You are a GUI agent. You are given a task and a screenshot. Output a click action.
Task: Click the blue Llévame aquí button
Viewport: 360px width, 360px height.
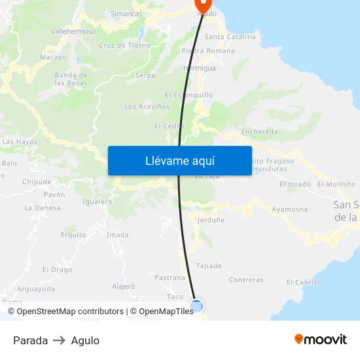pos(179,160)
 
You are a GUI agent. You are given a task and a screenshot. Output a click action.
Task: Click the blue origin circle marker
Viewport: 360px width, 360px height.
pos(196,305)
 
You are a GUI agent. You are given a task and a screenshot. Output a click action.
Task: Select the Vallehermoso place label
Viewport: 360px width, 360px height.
pos(73,31)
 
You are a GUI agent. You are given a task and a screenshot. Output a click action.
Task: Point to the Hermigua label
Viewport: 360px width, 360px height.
pos(200,67)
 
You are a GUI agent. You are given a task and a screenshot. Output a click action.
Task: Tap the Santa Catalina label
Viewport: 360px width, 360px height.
pos(230,37)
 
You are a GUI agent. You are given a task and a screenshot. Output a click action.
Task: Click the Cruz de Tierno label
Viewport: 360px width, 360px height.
pos(124,46)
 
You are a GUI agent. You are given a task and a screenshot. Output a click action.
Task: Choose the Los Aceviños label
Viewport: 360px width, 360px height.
pos(147,107)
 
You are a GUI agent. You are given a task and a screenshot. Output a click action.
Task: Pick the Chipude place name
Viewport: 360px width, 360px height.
pos(37,182)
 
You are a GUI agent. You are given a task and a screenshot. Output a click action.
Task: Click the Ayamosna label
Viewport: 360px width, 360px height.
pos(289,209)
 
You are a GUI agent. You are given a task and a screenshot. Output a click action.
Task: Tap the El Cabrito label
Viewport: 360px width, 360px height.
pos(304,282)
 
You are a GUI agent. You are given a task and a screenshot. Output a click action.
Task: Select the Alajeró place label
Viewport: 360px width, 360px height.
pos(123,286)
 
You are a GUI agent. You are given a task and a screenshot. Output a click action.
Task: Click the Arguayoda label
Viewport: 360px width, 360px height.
pos(37,288)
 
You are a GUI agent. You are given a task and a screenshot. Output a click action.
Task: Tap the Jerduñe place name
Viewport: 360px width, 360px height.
pos(210,220)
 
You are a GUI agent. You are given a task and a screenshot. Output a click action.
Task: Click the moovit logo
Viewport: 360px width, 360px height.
pos(321,340)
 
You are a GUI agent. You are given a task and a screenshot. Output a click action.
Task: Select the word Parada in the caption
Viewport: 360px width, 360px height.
pos(30,340)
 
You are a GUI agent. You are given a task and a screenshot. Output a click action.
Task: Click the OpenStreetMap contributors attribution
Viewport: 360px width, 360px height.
pos(70,312)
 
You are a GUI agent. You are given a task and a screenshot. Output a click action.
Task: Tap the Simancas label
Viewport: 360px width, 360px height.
pos(126,13)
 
